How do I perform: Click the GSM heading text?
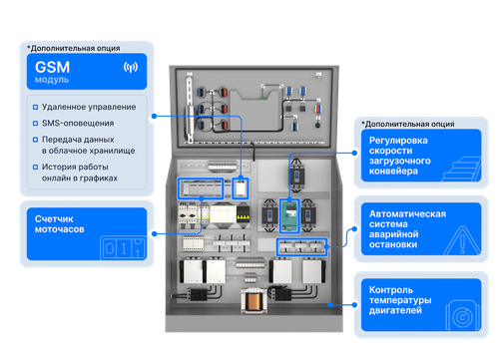pyautogui.click(x=52, y=67)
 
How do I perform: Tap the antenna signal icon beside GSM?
pyautogui.click(x=131, y=67)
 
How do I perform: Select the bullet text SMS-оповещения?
pyautogui.click(x=78, y=124)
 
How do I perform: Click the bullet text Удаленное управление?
pyautogui.click(x=89, y=107)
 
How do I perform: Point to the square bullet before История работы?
pyautogui.click(x=35, y=167)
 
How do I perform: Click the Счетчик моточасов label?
pyautogui.click(x=59, y=224)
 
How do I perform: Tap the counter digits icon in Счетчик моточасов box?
pyautogui.click(x=123, y=247)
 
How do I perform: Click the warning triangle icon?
pyautogui.click(x=462, y=240)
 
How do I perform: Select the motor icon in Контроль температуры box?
pyautogui.click(x=462, y=316)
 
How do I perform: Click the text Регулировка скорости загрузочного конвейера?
pyautogui.click(x=400, y=156)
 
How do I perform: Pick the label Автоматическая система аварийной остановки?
pyautogui.click(x=407, y=229)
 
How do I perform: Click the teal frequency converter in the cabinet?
pyautogui.click(x=289, y=216)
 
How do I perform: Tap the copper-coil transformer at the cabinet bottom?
pyautogui.click(x=254, y=300)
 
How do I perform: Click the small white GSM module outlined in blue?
pyautogui.click(x=241, y=188)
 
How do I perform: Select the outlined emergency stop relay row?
pyautogui.click(x=301, y=247)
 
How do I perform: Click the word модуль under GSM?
pyautogui.click(x=52, y=80)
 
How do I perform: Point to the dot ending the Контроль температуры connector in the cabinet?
pyautogui.click(x=330, y=305)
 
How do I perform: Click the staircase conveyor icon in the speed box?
pyautogui.click(x=462, y=169)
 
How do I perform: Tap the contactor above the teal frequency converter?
pyautogui.click(x=296, y=176)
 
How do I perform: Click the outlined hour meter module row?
pyautogui.click(x=201, y=188)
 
